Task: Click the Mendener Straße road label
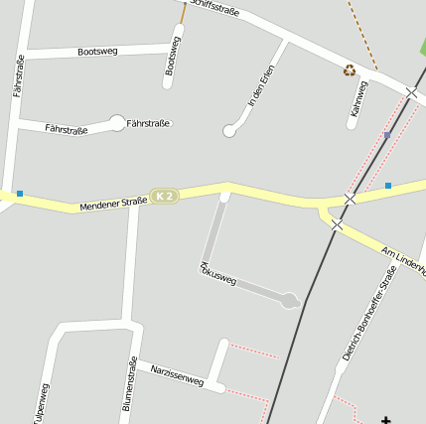[x=113, y=203]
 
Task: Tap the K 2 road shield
[x=164, y=197]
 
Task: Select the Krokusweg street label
[x=218, y=275]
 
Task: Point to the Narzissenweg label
[x=177, y=374]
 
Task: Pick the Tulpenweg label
[x=41, y=403]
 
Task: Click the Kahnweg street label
[x=358, y=103]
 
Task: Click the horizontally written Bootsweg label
[x=98, y=50]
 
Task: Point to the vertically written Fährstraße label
[x=19, y=75]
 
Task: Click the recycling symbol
[x=350, y=71]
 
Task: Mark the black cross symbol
[x=386, y=420]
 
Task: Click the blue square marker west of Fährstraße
[x=19, y=193]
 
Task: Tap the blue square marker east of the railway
[x=388, y=185]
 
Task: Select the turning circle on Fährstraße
[x=117, y=123]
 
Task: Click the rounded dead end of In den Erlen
[x=229, y=131]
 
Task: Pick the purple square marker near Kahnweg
[x=387, y=135]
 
